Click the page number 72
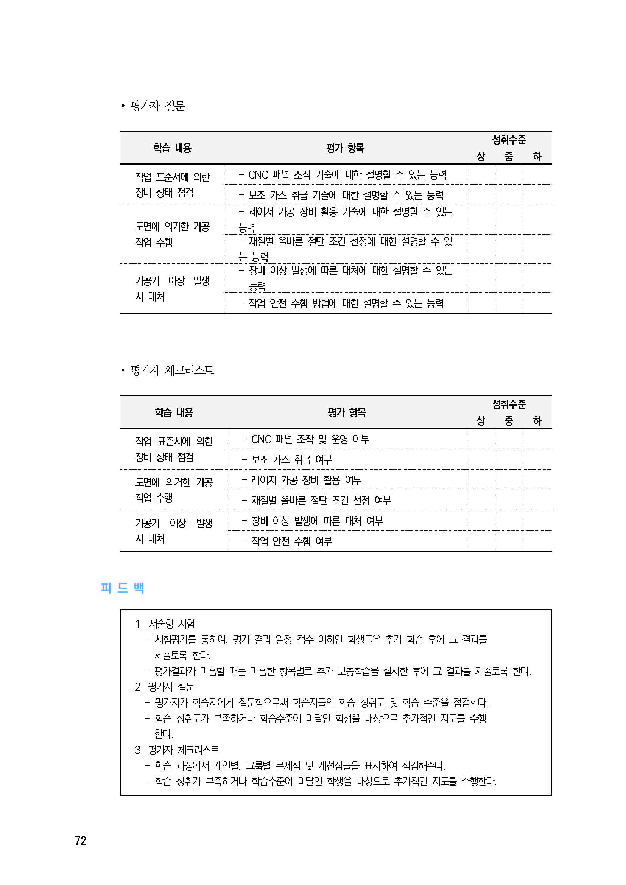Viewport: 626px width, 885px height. click(x=81, y=840)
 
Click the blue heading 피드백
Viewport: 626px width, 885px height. click(x=122, y=588)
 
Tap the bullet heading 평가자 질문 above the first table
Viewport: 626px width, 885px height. click(x=157, y=106)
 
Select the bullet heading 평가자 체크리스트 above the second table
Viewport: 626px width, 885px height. click(x=171, y=370)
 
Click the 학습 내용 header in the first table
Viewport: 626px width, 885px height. click(x=172, y=148)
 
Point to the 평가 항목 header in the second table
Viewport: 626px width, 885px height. click(x=347, y=412)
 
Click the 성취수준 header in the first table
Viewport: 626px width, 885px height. click(x=509, y=140)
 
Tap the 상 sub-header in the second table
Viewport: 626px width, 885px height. click(x=481, y=421)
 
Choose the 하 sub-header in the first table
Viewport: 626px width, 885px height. click(x=537, y=157)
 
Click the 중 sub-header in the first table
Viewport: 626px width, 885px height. click(x=509, y=157)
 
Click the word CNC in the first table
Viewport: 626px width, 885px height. click(x=258, y=175)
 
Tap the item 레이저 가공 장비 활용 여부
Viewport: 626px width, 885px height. click(x=306, y=480)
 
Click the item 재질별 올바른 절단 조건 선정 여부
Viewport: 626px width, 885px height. click(x=321, y=500)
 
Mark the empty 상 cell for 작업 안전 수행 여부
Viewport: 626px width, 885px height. click(x=481, y=541)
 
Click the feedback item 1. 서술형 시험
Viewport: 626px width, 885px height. click(x=165, y=624)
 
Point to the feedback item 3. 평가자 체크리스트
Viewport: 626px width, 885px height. click(x=177, y=750)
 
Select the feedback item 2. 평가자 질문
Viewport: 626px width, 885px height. click(x=165, y=686)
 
